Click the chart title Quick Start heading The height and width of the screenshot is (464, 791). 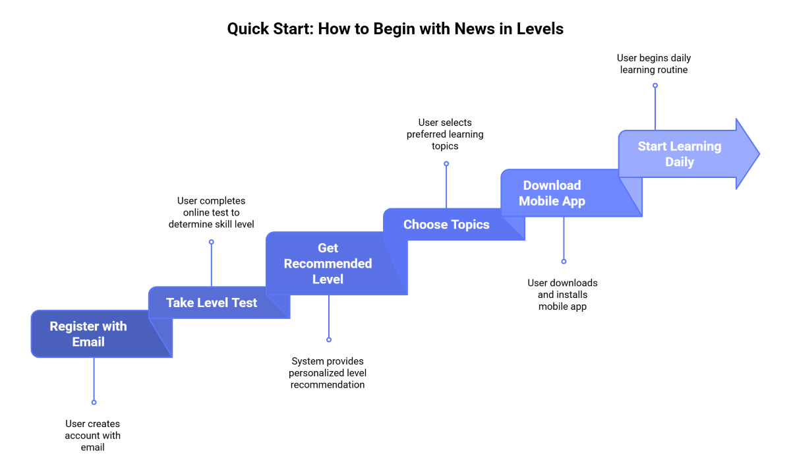pos(395,29)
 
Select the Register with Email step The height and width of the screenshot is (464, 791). pos(88,334)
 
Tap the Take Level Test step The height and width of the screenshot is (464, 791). pos(212,303)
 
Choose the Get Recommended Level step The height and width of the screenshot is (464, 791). pos(328,264)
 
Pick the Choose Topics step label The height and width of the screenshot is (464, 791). pos(446,225)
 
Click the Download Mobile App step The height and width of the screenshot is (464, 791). pos(552,193)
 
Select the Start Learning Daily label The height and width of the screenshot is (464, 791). pos(679,154)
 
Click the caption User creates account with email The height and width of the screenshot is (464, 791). pos(93,436)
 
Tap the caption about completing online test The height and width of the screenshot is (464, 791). pos(212,212)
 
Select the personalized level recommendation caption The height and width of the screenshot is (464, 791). pos(328,373)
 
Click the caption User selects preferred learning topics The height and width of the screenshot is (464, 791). pos(445,134)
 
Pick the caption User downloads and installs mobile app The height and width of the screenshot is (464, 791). pos(562,295)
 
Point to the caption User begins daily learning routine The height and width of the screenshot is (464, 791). pos(654,64)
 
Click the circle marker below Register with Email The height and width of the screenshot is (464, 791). pos(94,402)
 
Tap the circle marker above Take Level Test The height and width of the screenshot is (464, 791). pos(212,242)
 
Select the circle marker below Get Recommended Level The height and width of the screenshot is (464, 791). pos(329,339)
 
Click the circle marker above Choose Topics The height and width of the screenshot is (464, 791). pos(446,164)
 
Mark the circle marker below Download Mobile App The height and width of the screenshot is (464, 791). pos(564,262)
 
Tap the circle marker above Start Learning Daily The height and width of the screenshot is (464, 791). pos(655,85)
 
